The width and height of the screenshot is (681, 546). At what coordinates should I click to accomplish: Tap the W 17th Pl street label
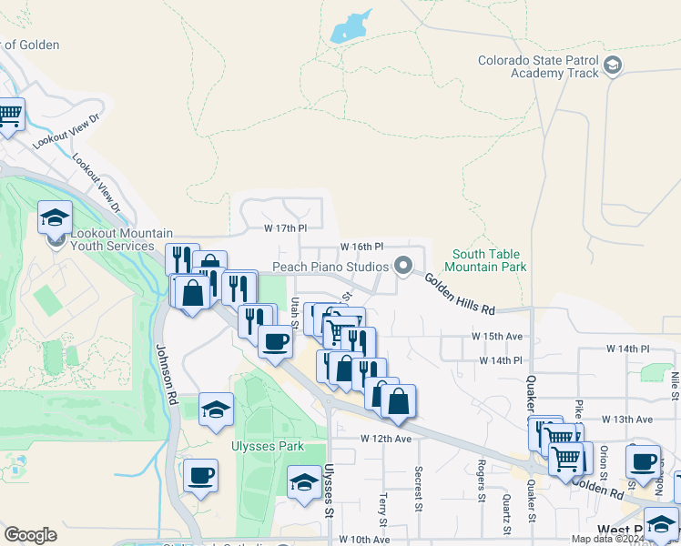point(292,227)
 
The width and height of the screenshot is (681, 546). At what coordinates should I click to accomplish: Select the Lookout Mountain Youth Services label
point(112,239)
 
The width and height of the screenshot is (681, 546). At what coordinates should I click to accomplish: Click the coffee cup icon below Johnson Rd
point(200,474)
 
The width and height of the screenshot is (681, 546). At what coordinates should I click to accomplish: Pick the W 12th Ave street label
point(386,438)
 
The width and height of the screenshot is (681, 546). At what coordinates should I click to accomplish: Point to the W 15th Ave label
point(497,336)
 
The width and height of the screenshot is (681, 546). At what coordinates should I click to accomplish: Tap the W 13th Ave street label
point(627,420)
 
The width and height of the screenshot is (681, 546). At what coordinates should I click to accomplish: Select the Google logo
point(30,535)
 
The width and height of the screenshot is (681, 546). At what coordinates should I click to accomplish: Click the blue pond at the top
point(351,28)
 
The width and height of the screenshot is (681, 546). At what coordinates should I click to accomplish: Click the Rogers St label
point(481,480)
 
